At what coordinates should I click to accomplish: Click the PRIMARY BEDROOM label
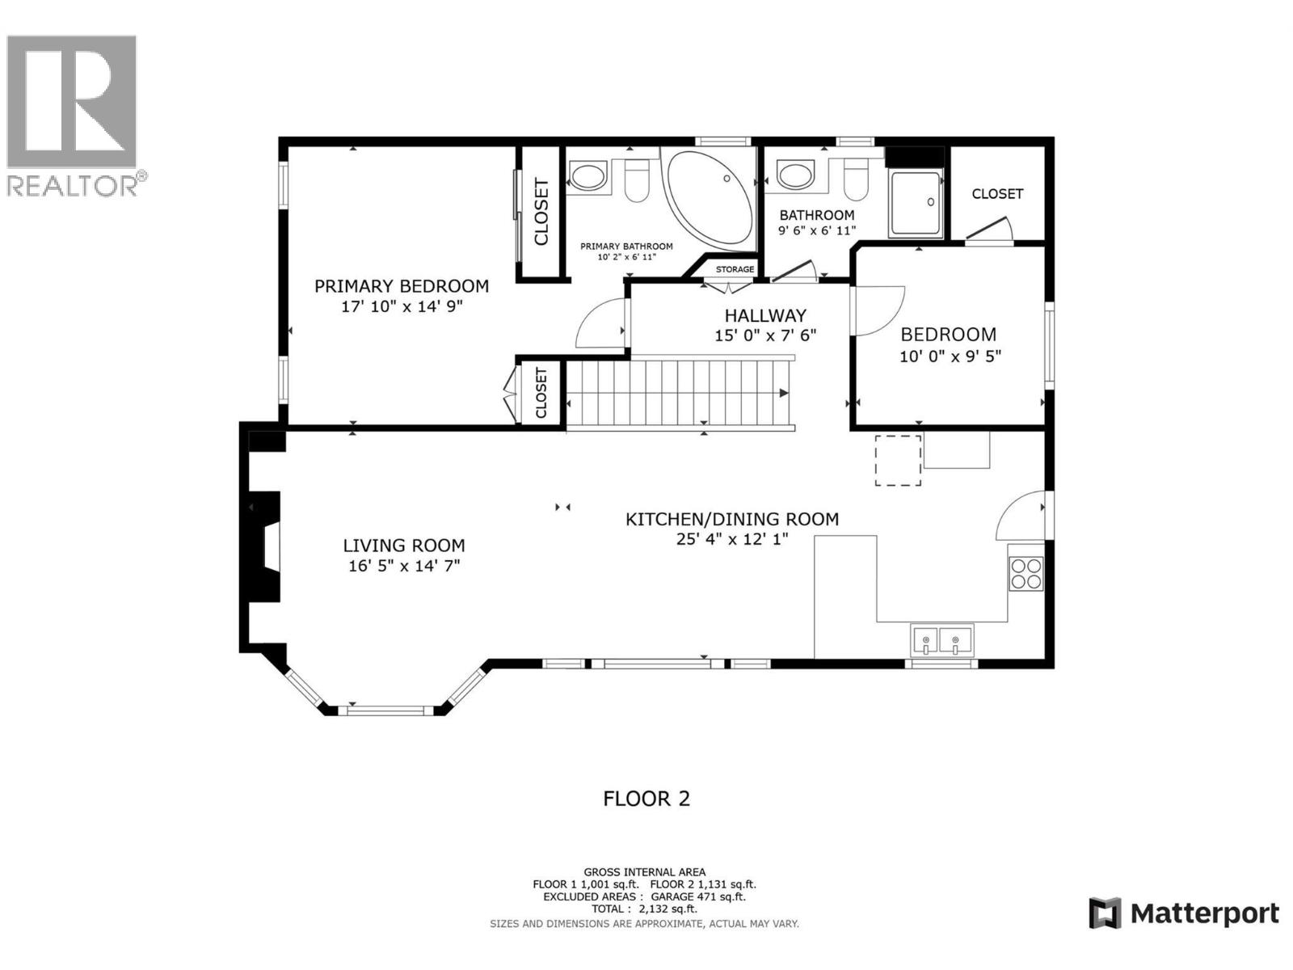point(401,286)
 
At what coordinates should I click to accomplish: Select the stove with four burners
point(1026,573)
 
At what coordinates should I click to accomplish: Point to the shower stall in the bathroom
point(916,204)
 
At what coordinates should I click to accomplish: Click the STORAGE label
point(735,269)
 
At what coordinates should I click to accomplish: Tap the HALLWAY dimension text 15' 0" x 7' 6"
point(765,335)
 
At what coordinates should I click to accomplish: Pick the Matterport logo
point(1184,913)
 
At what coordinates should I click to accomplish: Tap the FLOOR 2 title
point(646,799)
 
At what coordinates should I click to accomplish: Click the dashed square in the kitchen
point(899,461)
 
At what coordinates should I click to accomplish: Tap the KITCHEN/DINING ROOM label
point(732,519)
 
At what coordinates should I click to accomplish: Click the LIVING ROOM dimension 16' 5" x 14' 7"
point(404,566)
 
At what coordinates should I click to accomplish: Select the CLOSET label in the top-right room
point(997,194)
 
